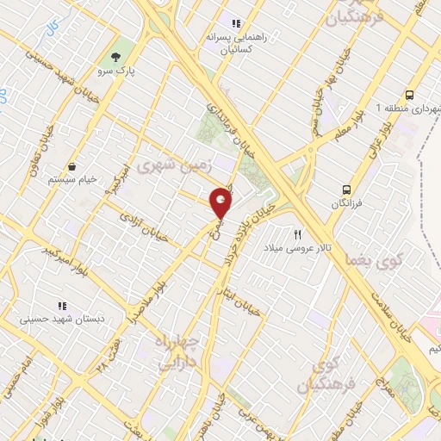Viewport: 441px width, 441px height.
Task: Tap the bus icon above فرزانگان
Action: (346, 189)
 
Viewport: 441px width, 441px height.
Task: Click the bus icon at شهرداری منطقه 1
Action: (410, 95)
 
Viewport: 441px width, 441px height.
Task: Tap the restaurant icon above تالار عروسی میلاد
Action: (299, 233)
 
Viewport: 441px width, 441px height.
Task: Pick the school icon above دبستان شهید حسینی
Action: (61, 306)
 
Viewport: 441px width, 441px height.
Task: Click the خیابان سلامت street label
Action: (393, 316)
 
